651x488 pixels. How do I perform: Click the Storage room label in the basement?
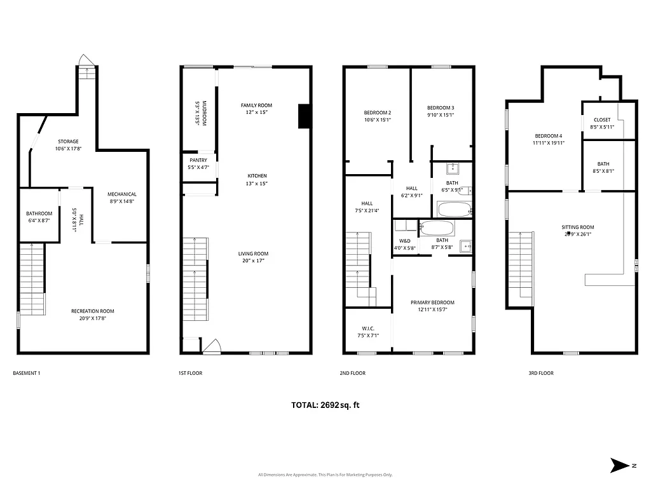pos(67,141)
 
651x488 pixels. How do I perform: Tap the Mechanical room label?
pos(121,194)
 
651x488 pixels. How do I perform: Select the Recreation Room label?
pos(93,311)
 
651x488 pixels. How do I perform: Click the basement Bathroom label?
pos(39,213)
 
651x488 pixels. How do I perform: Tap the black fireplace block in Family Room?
pos(304,117)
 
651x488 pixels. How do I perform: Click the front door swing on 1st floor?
pos(211,346)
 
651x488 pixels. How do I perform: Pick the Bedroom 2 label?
pos(377,112)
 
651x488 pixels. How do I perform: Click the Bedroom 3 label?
pos(440,107)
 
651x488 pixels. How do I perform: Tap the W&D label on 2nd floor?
pos(404,241)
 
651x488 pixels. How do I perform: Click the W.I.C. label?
pos(368,328)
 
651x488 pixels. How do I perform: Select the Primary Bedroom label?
pos(432,302)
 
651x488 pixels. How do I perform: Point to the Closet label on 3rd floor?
pos(602,119)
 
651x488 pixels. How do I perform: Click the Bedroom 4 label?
pos(548,136)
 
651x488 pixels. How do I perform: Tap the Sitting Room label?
pos(577,227)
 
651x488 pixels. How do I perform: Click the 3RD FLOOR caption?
pos(541,373)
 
